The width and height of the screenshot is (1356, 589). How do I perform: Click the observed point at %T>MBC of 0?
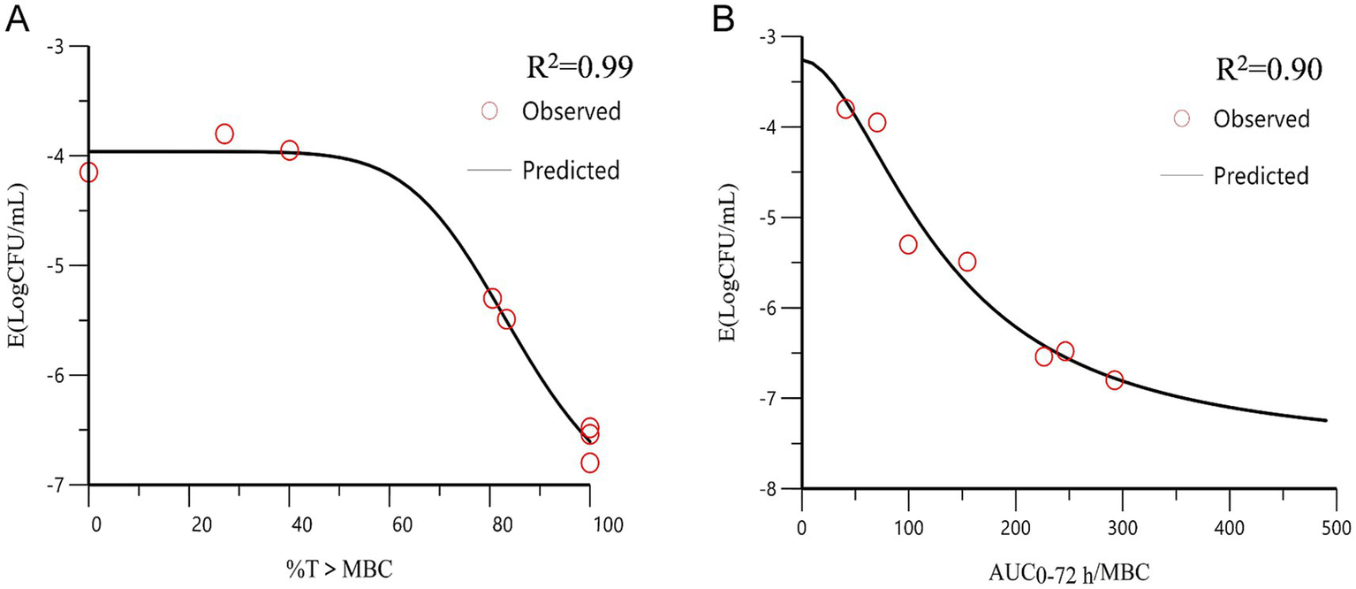coord(88,172)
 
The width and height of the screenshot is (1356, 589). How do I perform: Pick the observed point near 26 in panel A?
coord(224,134)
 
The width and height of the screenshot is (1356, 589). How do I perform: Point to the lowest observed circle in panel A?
coord(590,463)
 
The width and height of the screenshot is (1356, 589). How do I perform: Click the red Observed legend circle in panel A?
coord(489,111)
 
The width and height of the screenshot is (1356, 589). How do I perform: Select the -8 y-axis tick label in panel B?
coord(770,489)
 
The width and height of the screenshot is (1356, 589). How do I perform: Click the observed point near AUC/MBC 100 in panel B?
coord(908,244)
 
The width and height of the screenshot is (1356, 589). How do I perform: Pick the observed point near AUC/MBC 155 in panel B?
coord(967,261)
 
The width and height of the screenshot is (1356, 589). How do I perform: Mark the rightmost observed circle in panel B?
coord(1115,380)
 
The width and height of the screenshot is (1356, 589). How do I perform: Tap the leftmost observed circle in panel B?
coord(845,109)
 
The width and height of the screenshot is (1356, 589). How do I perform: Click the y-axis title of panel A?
coord(17,265)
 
